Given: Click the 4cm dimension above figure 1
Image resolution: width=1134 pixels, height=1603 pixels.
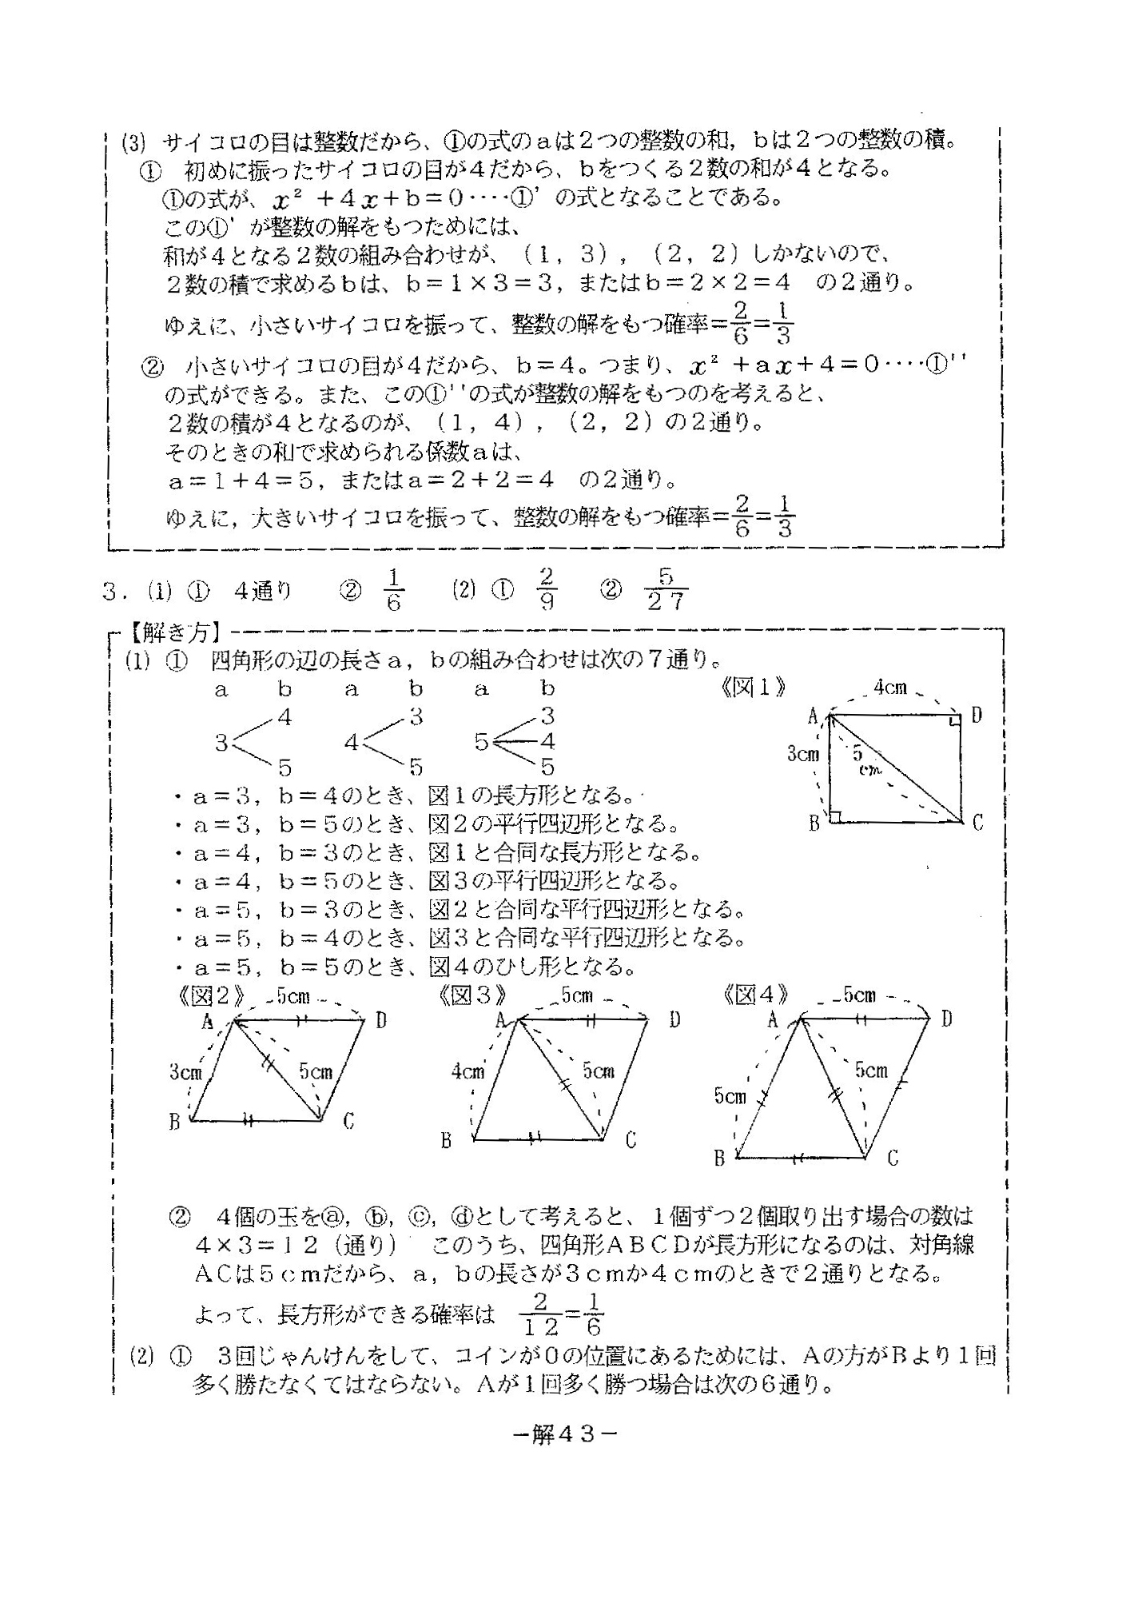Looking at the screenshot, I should tap(889, 687).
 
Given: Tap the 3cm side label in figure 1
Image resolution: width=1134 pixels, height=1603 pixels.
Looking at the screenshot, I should tap(802, 752).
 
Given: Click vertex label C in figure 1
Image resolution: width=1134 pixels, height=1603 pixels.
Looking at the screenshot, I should tap(977, 822).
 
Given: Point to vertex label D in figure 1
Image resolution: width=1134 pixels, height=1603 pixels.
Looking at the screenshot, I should tap(976, 716).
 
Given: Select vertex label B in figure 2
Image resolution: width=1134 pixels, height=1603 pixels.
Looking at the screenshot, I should tap(174, 1122).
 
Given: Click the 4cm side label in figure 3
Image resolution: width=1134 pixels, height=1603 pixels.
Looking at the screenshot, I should tap(468, 1071).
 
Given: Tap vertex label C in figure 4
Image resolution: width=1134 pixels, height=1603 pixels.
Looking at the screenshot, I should tap(893, 1157).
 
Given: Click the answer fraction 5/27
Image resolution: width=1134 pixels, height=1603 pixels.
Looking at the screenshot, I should tap(666, 589).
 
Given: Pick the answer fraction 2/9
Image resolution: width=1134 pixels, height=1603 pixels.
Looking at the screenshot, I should tap(547, 589).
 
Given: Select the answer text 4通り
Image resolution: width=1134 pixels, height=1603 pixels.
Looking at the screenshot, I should tap(263, 591).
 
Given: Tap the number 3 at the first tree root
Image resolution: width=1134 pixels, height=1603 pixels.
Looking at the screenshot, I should tap(221, 743).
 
